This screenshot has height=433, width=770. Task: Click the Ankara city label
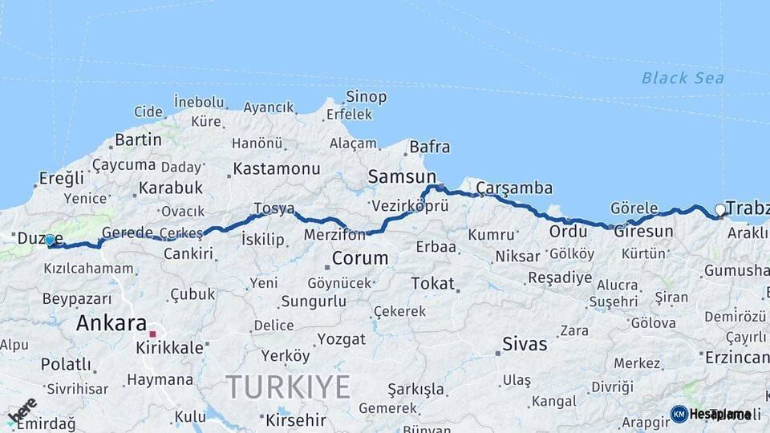(x=111, y=323)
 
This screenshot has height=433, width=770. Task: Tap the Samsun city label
(x=402, y=176)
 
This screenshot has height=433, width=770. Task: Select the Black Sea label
(x=683, y=78)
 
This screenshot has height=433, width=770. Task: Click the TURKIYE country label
(x=287, y=386)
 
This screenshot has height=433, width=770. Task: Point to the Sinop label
(x=366, y=97)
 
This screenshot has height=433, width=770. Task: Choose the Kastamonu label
(x=276, y=169)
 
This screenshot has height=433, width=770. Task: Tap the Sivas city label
(x=525, y=345)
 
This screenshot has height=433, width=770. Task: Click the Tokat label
(x=432, y=283)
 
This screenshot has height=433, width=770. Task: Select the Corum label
(x=359, y=258)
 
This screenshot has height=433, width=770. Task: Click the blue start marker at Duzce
(x=50, y=240)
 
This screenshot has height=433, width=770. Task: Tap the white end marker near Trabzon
(x=719, y=210)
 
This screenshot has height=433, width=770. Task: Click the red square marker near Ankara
(x=152, y=332)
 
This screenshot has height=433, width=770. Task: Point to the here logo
(x=22, y=411)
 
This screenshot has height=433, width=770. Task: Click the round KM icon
(x=679, y=414)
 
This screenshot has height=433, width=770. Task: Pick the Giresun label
(x=643, y=231)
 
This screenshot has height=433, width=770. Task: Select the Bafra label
(x=429, y=147)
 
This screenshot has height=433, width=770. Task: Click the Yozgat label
(x=341, y=338)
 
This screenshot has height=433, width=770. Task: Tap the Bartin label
(x=138, y=140)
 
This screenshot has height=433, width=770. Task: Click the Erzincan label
(x=737, y=357)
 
